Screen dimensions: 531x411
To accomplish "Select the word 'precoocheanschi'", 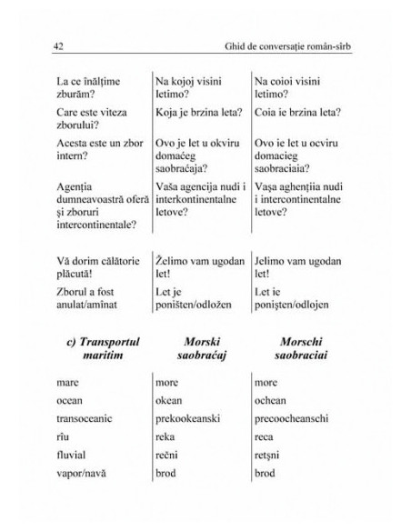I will [295, 417].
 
